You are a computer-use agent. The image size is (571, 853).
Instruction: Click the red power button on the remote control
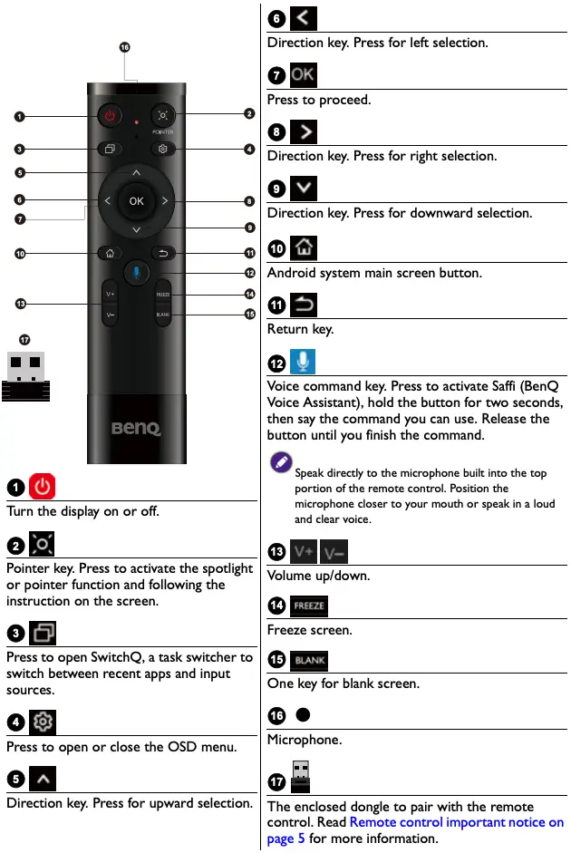(x=110, y=116)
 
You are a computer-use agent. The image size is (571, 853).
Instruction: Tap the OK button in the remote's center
(x=136, y=201)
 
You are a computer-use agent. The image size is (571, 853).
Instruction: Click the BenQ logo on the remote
(x=136, y=427)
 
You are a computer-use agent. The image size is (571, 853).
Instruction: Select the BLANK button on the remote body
(x=163, y=315)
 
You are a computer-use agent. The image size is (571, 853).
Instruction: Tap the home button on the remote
(x=110, y=253)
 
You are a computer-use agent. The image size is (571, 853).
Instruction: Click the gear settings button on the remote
(x=163, y=149)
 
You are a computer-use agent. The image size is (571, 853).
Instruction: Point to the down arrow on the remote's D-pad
(x=136, y=230)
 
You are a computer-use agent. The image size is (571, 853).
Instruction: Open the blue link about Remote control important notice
(x=456, y=822)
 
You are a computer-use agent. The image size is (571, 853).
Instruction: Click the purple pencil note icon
(x=281, y=462)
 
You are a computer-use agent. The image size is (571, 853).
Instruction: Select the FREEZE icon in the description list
(x=308, y=606)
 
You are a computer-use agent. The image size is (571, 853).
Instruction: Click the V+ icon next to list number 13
(x=303, y=551)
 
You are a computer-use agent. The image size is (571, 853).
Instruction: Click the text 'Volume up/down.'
(x=318, y=575)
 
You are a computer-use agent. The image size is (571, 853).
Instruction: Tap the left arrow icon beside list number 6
(x=303, y=19)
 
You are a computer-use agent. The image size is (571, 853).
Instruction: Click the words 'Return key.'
(x=300, y=329)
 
